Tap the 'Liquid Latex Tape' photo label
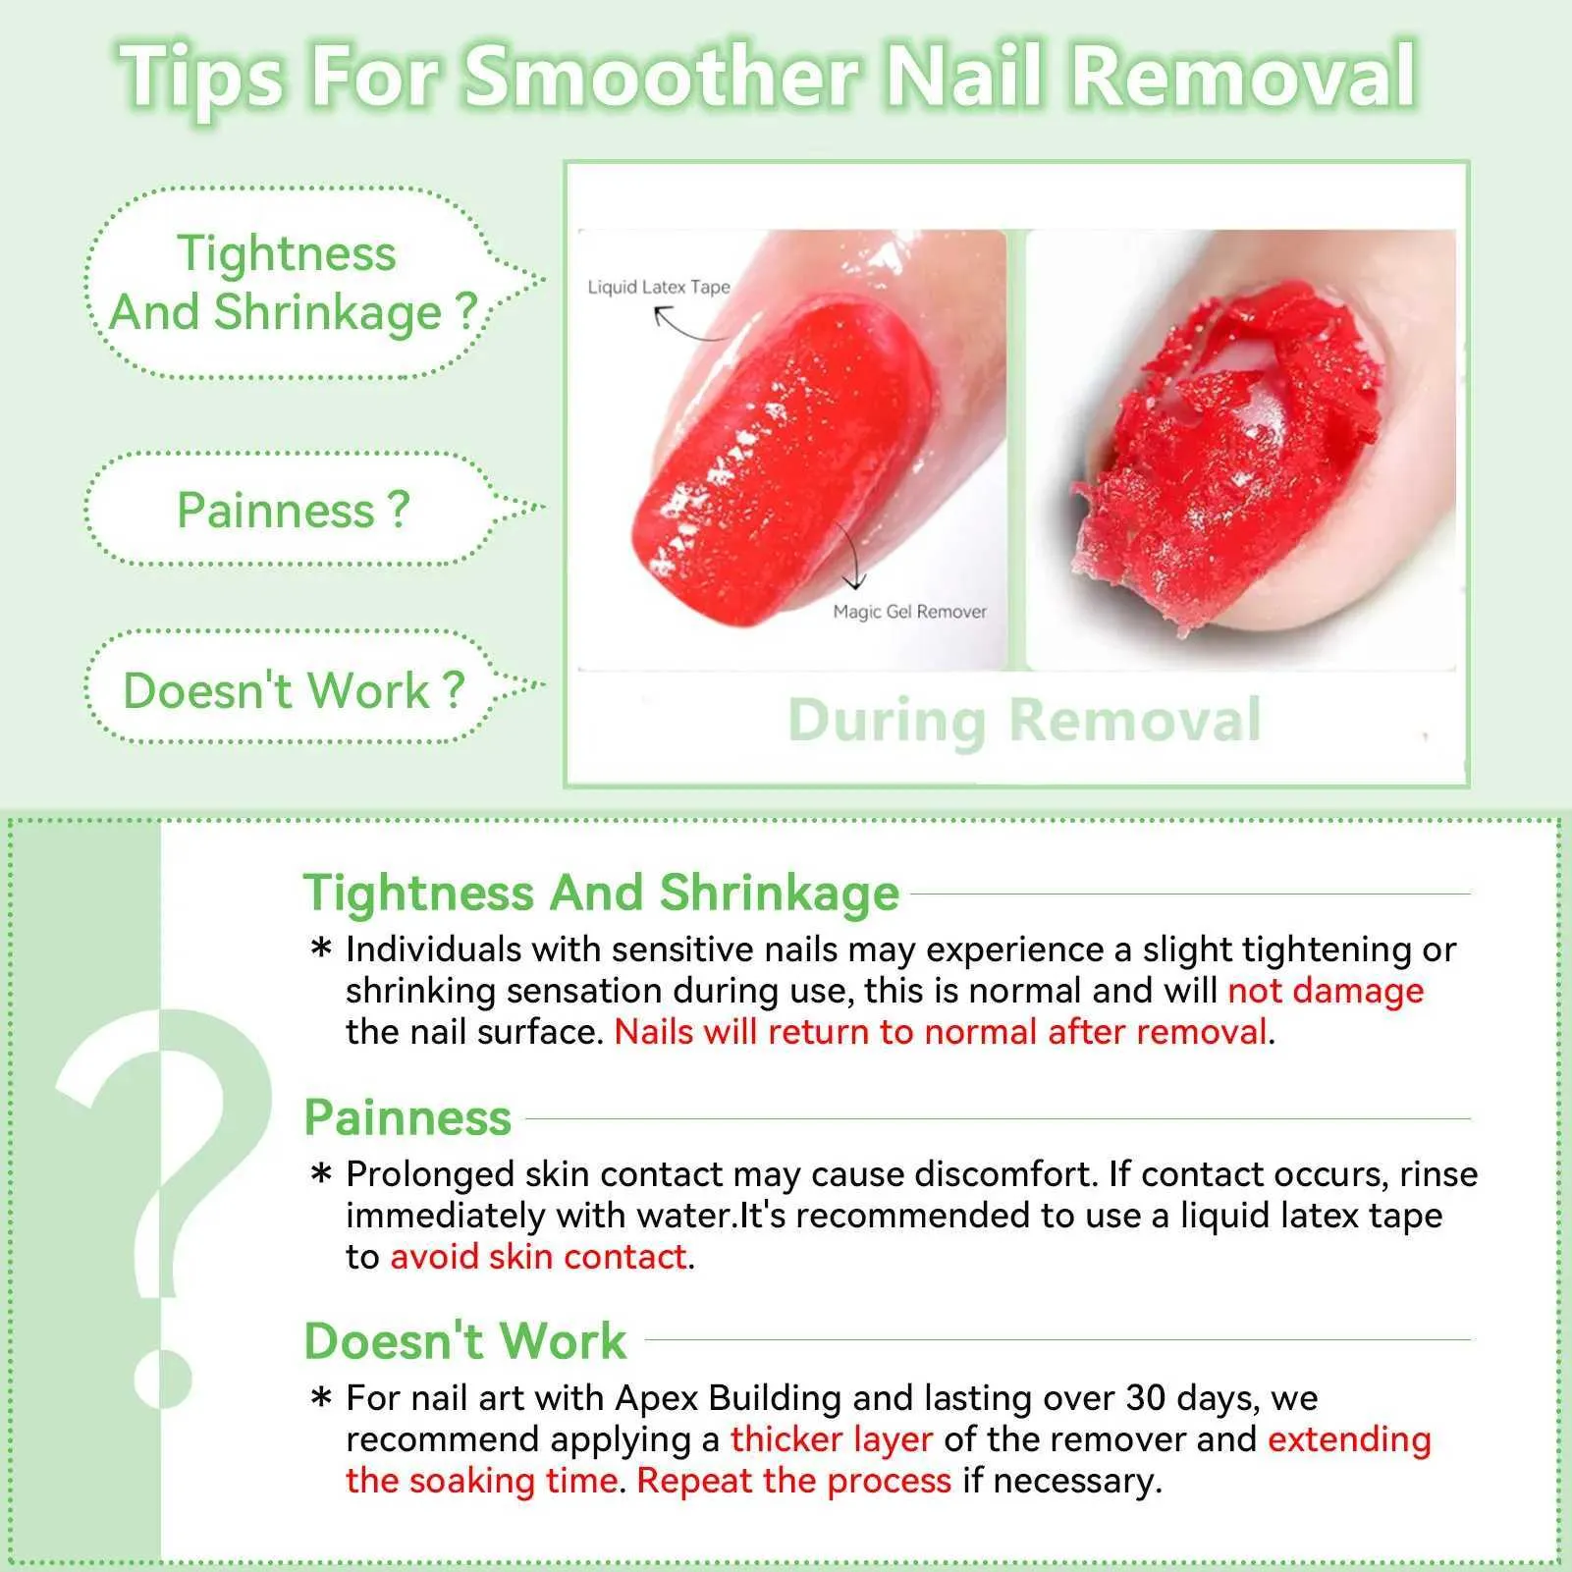659,287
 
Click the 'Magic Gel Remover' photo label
909,612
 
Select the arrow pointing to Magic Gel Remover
850,554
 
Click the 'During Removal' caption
1024,722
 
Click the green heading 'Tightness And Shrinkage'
601,894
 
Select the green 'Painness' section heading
407,1117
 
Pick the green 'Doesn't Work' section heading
465,1340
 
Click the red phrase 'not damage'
1326,991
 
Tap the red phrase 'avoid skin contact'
538,1257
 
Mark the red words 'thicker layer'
831,1439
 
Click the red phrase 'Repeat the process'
794,1481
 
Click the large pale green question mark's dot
163,1379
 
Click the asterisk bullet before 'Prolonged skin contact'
321,1174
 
